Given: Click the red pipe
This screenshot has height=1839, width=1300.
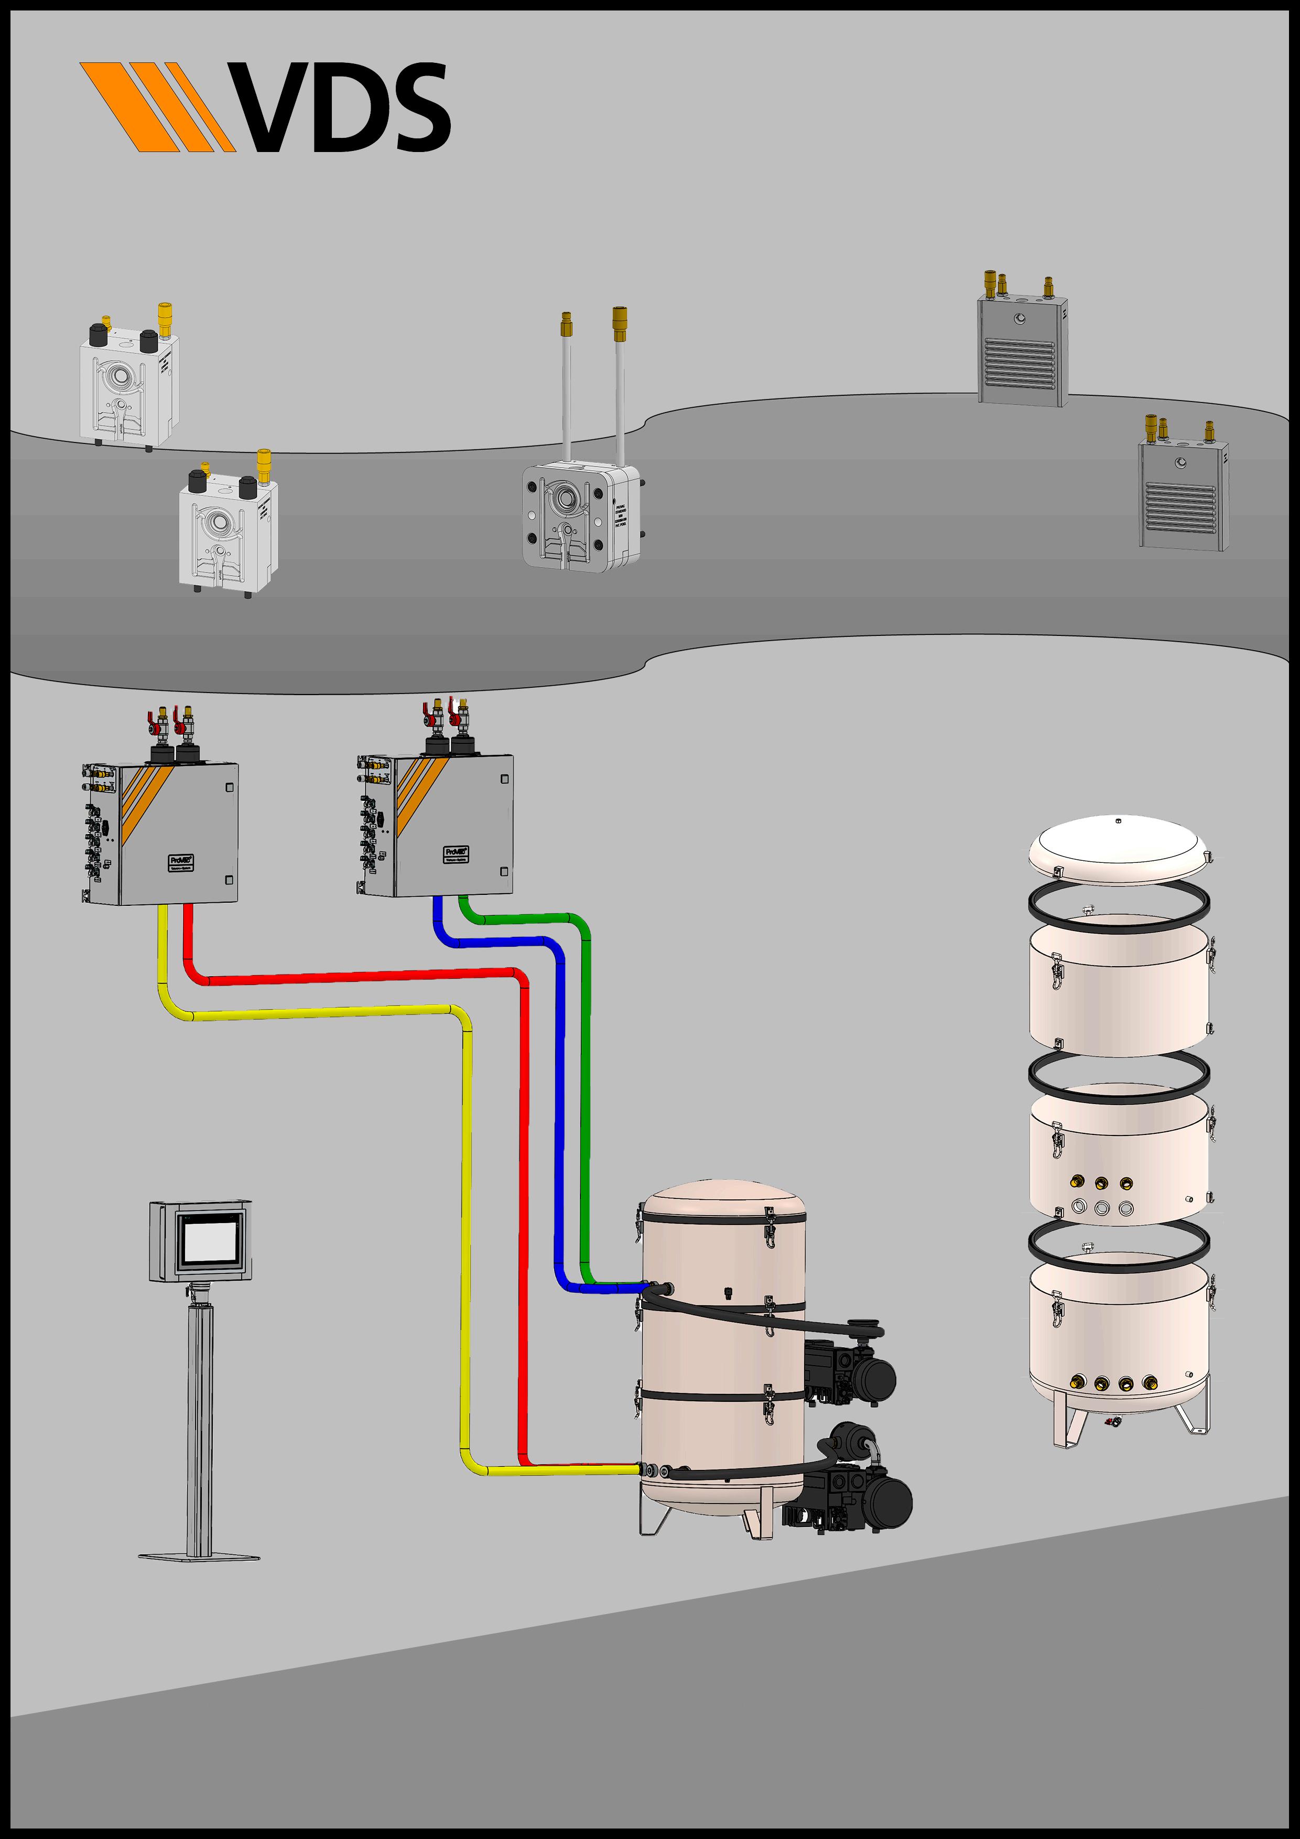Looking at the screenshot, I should point(525,1202).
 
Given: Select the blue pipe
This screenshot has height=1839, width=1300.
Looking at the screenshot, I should point(560,1121).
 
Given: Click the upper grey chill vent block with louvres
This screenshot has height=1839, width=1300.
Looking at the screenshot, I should point(1023,351).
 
